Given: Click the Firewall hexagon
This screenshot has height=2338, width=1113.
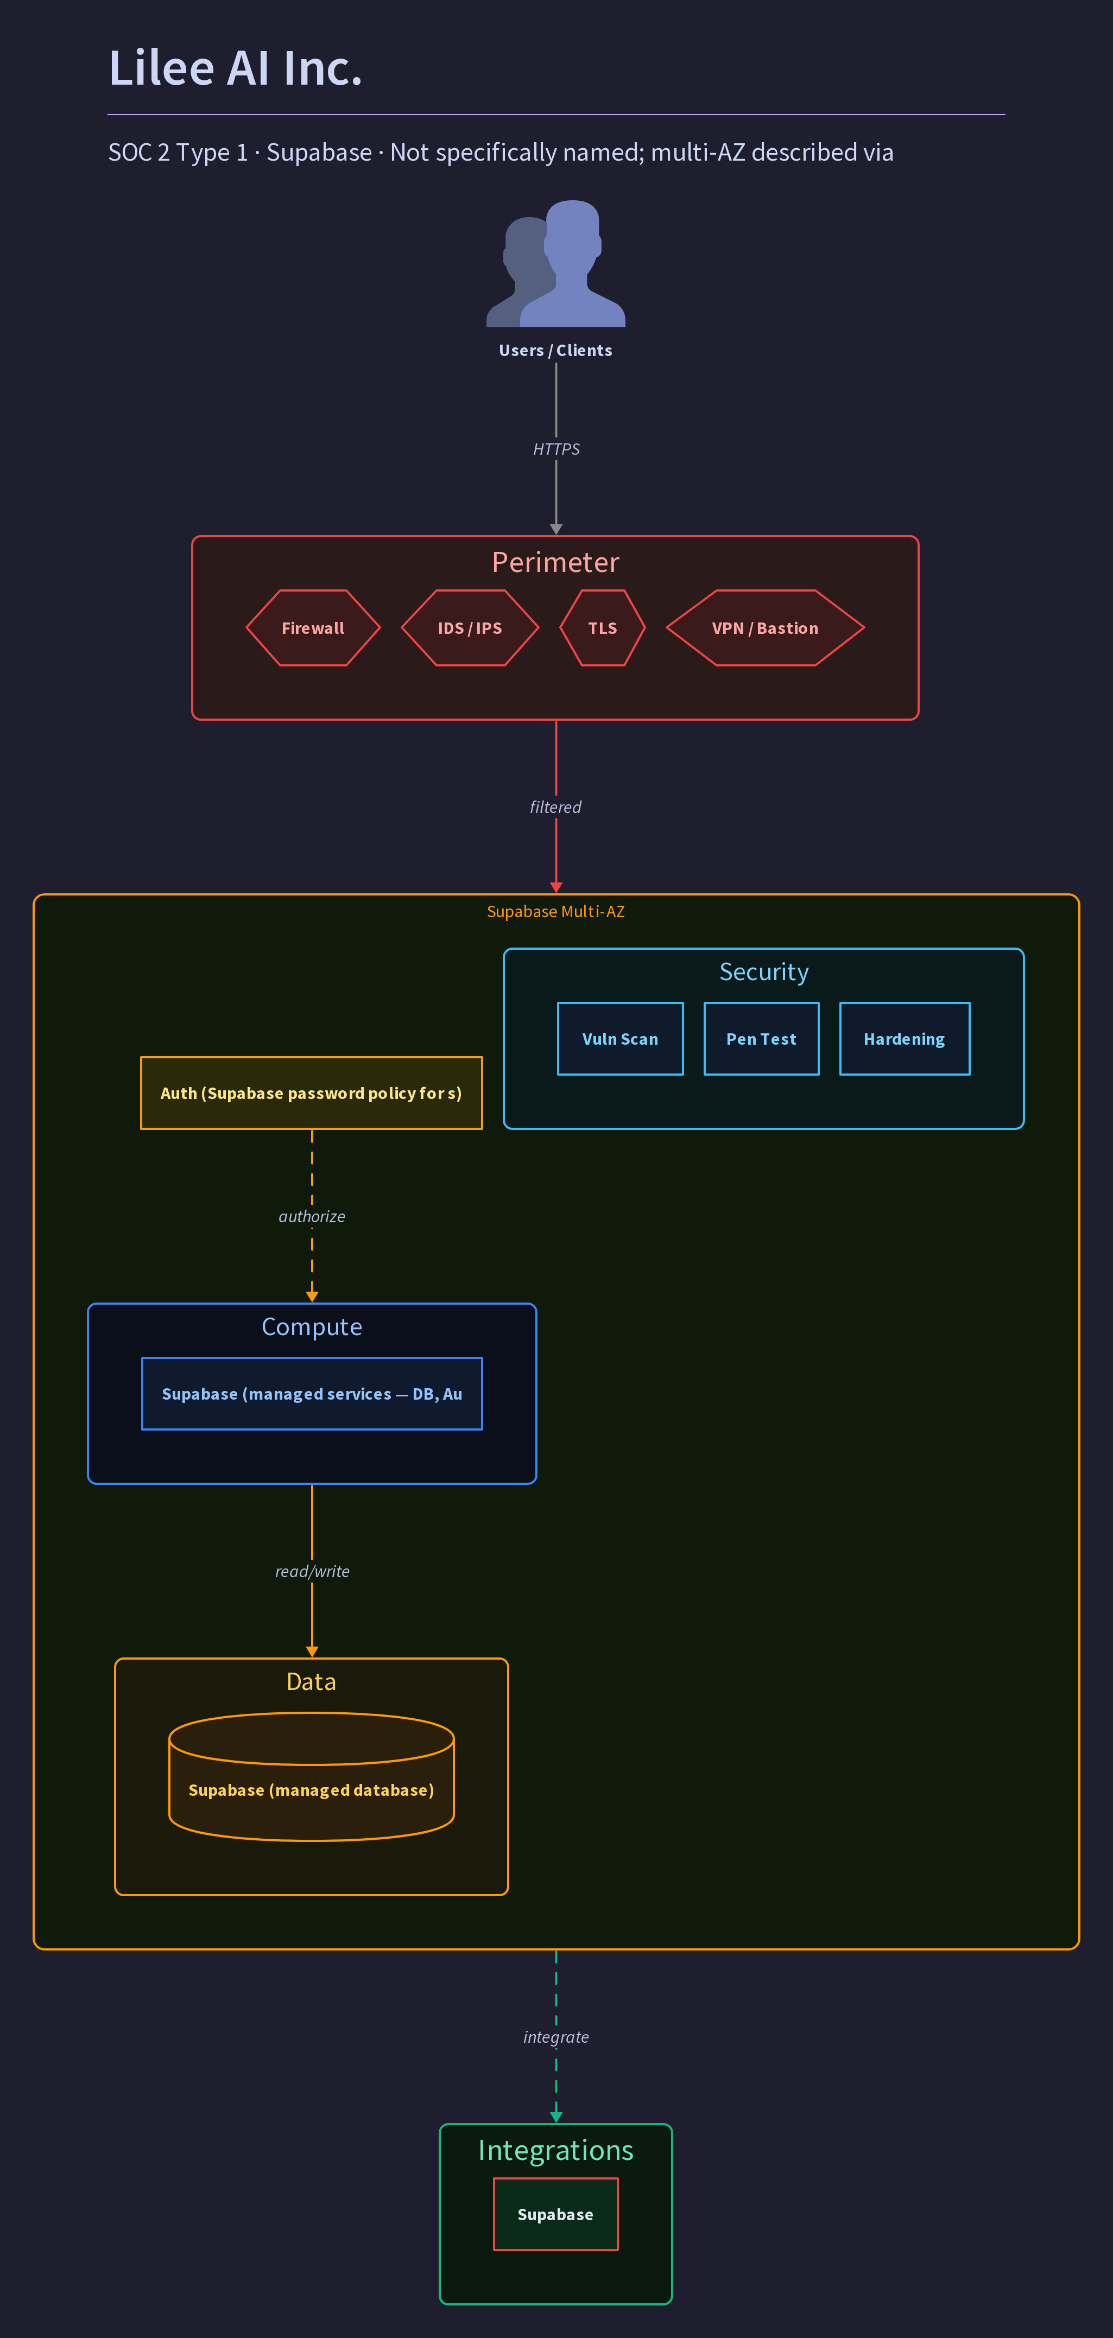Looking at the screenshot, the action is [312, 628].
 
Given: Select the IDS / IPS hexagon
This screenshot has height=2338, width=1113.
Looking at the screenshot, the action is [469, 628].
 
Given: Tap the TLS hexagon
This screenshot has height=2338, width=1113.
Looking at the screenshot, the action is [602, 628].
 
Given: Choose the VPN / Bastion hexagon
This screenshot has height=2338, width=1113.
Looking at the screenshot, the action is [764, 628].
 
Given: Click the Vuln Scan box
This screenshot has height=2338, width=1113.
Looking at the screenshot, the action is [620, 1038].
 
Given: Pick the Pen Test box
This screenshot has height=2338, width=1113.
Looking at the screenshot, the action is [761, 1038].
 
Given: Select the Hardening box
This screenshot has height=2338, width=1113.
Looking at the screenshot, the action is [904, 1038].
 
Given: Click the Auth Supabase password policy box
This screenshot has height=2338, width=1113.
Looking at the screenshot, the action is [312, 1093].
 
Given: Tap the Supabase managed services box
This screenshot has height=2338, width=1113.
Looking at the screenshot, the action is [312, 1393].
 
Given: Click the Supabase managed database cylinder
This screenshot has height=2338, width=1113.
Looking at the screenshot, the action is [312, 1776].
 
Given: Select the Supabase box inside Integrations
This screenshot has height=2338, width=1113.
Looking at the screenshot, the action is [555, 2214].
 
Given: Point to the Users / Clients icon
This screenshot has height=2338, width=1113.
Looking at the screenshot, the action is [555, 263].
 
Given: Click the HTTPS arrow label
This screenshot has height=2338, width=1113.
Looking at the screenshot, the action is [555, 449].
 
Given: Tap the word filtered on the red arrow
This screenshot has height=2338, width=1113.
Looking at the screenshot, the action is [555, 807].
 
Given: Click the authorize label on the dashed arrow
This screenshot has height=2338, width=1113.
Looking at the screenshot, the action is [312, 1216].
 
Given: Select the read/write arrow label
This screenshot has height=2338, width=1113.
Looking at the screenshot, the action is [312, 1571].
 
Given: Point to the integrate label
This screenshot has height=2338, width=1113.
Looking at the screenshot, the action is [555, 2037].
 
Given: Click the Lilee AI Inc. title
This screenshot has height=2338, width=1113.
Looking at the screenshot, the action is [235, 68].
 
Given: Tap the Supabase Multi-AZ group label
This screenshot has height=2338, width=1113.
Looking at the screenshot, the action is [555, 911].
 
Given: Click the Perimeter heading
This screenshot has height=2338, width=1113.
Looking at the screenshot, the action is [555, 563].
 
